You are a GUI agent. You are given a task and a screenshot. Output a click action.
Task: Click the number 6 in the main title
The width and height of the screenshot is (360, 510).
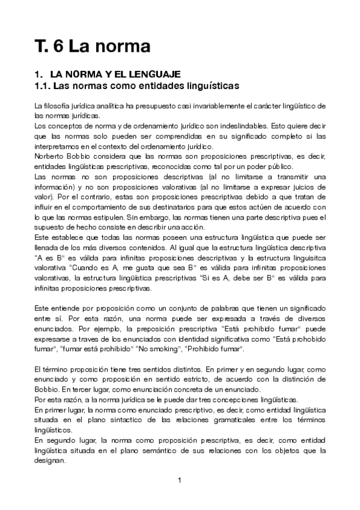(x=57, y=46)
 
